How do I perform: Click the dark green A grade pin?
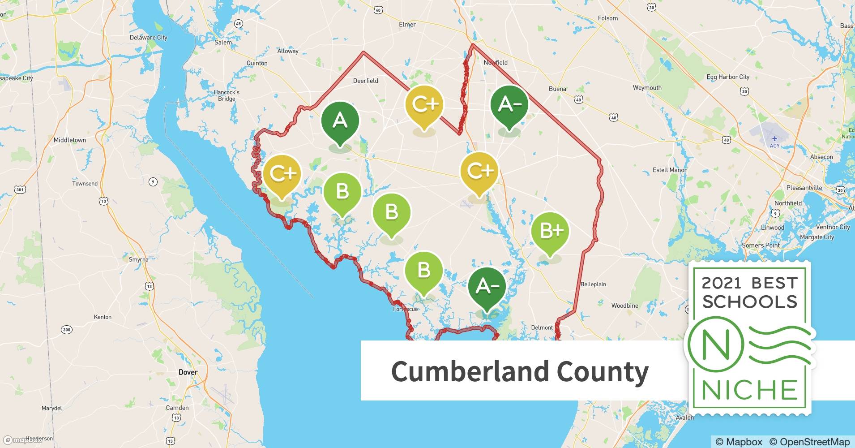[x=340, y=121]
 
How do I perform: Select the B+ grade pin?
[x=550, y=231]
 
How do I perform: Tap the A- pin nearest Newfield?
[x=509, y=104]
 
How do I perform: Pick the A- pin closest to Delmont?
[x=487, y=286]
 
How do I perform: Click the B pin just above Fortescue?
[x=423, y=270]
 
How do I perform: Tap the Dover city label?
[x=188, y=372]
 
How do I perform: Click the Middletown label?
[x=70, y=140]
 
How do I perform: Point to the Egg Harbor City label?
[x=728, y=77]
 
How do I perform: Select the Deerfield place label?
[x=366, y=81]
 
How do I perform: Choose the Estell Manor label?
[x=669, y=170]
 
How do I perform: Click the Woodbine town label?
[x=625, y=306]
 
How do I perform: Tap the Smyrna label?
[x=138, y=259]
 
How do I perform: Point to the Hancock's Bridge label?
[x=227, y=95]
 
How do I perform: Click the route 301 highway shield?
[x=20, y=190]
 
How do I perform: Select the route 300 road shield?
[x=66, y=330]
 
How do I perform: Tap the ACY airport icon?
[x=774, y=139]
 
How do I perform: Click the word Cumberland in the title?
[x=470, y=371]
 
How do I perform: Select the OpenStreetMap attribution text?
[x=809, y=442]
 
